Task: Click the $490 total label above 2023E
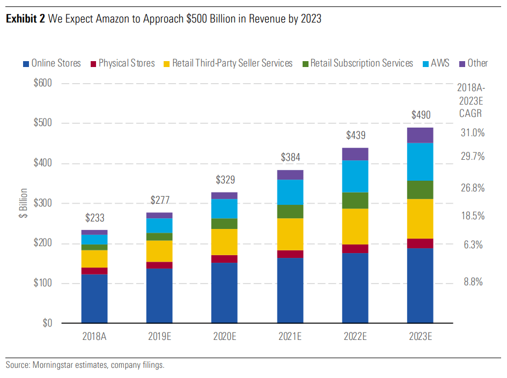[421, 115]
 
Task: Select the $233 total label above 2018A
[94, 218]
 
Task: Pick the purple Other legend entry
[472, 63]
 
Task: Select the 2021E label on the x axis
[290, 337]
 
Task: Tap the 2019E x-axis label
[159, 337]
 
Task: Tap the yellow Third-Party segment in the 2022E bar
[355, 226]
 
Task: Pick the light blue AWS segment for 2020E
[225, 209]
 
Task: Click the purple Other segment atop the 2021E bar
[290, 175]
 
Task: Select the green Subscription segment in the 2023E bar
[421, 190]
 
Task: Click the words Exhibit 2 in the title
[25, 19]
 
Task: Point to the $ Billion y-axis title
[22, 203]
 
